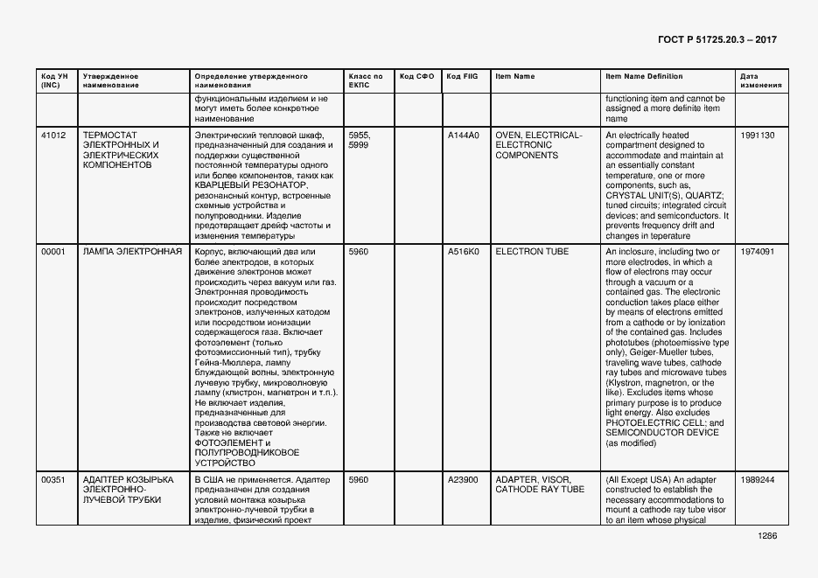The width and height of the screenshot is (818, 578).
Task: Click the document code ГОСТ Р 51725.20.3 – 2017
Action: point(717,40)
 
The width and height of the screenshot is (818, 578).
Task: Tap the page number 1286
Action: point(767,537)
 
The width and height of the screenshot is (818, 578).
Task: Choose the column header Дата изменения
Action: point(755,81)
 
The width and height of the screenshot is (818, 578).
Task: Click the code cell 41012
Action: point(53,136)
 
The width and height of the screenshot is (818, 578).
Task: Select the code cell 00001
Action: point(53,252)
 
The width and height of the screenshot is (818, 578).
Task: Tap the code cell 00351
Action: point(53,480)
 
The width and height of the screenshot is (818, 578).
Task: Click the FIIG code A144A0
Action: point(464,136)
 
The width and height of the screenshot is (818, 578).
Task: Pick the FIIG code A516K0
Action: point(464,252)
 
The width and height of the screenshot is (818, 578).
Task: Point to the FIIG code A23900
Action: point(464,480)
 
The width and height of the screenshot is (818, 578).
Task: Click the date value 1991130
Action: point(757,136)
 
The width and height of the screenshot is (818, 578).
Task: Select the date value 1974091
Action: point(757,252)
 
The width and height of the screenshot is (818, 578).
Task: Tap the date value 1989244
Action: point(757,480)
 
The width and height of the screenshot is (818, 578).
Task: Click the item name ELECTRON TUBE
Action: point(532,252)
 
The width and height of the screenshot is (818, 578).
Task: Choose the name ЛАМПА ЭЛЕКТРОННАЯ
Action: point(132,252)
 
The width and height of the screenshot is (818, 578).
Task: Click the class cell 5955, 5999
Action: point(360,141)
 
